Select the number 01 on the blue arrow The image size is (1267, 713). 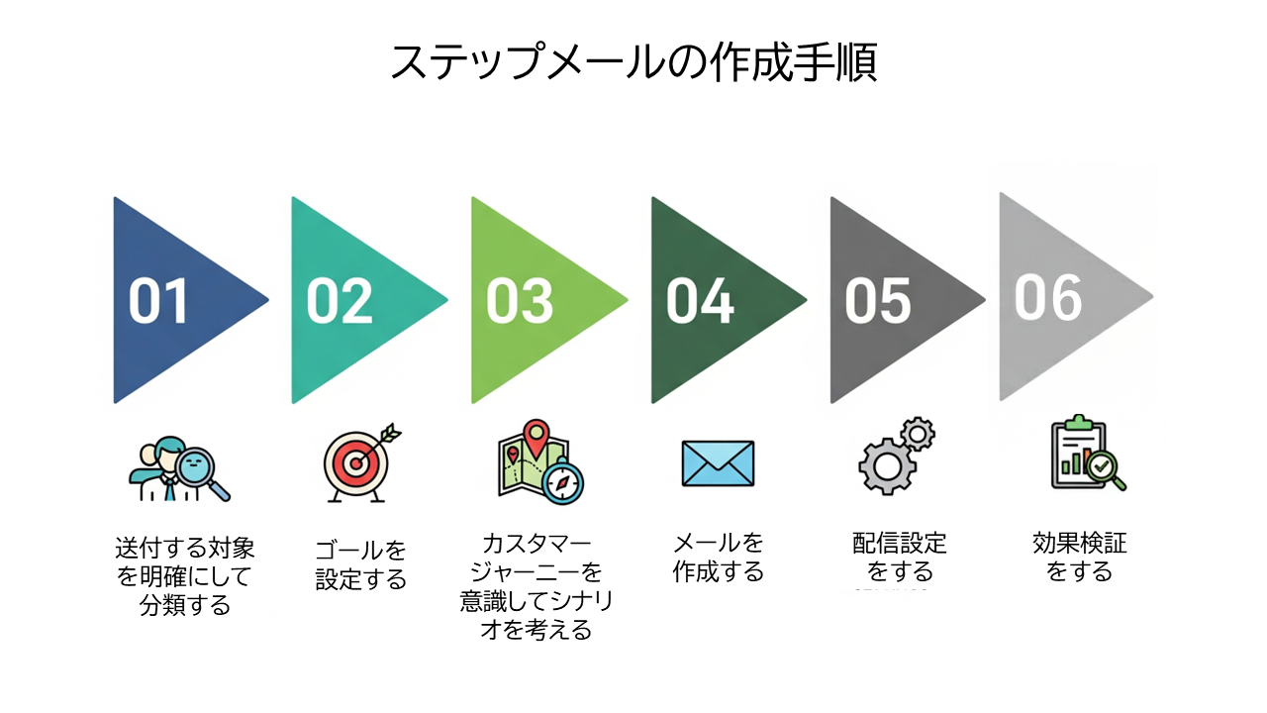pos(158,301)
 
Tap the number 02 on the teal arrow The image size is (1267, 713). pos(339,301)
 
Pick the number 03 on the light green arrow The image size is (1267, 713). pos(519,301)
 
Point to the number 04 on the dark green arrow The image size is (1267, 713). pos(700,301)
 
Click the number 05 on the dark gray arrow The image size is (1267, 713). pos(877,301)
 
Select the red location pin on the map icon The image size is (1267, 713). pos(536,435)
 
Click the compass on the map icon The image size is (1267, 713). pos(564,482)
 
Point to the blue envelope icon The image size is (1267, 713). pos(718,463)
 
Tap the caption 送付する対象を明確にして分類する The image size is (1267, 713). pos(184,575)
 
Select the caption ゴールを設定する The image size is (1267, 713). pos(361,564)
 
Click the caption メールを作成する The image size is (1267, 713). pos(719,557)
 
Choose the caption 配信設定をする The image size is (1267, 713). pos(900,557)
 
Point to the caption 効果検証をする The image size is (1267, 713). pos(1079,557)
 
